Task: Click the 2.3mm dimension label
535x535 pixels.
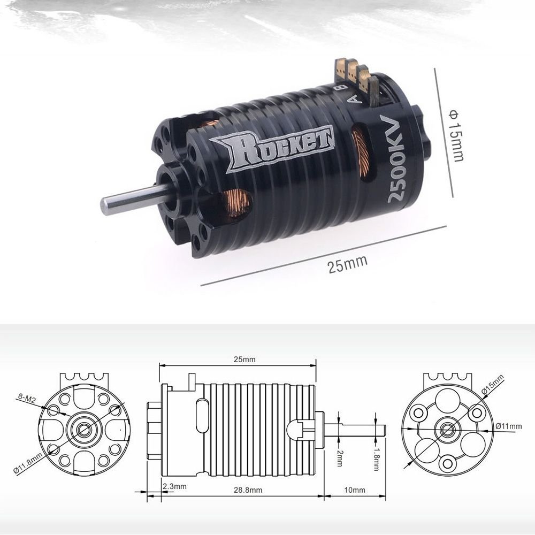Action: (174, 486)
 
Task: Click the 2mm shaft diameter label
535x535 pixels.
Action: (340, 456)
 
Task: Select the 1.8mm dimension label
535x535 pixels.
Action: (377, 459)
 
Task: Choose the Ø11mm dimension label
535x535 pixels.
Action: (508, 426)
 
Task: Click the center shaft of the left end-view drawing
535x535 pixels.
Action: (84, 429)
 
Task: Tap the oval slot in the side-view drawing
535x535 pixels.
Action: (202, 414)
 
